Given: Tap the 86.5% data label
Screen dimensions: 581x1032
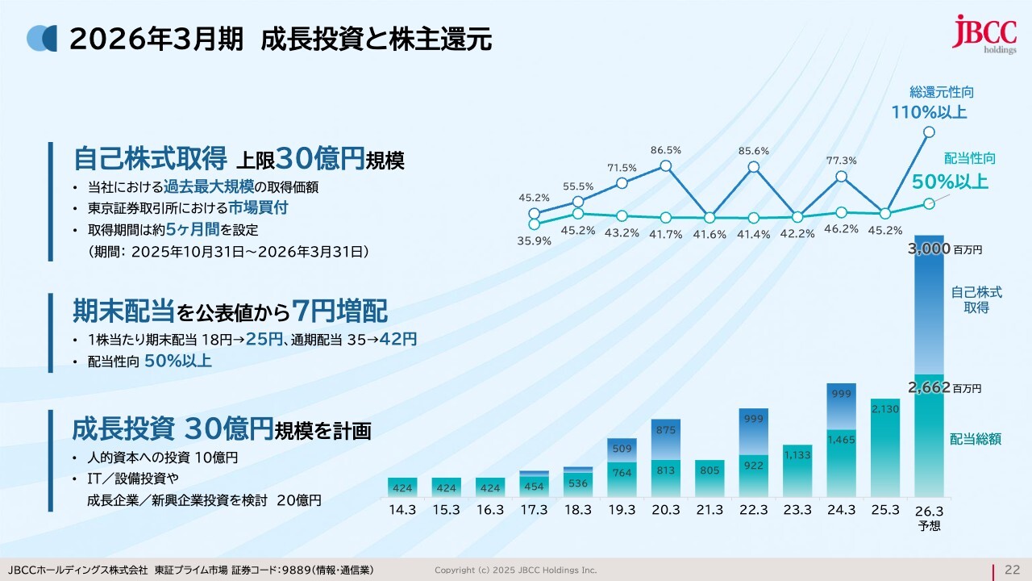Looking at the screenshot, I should tap(666, 150).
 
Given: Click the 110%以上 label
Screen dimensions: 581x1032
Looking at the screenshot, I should tap(929, 112).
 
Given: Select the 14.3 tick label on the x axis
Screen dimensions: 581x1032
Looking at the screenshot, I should tap(402, 510).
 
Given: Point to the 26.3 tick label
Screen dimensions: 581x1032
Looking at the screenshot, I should tap(929, 510).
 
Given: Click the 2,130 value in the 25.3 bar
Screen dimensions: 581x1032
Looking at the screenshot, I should tap(884, 410).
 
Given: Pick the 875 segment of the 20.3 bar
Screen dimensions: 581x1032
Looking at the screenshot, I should tap(665, 432).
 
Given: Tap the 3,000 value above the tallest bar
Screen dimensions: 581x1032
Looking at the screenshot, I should tap(929, 249).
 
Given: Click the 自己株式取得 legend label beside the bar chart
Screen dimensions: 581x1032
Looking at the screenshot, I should tap(976, 299).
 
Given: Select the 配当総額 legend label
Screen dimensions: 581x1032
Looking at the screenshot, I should tap(976, 439).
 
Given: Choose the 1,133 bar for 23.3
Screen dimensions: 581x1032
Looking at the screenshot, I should tap(797, 455).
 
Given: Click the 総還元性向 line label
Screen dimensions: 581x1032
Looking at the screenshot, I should tap(941, 93).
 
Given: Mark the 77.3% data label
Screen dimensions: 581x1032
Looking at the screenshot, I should tap(841, 161).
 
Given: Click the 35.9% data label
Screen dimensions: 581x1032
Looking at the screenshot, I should tap(534, 240).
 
